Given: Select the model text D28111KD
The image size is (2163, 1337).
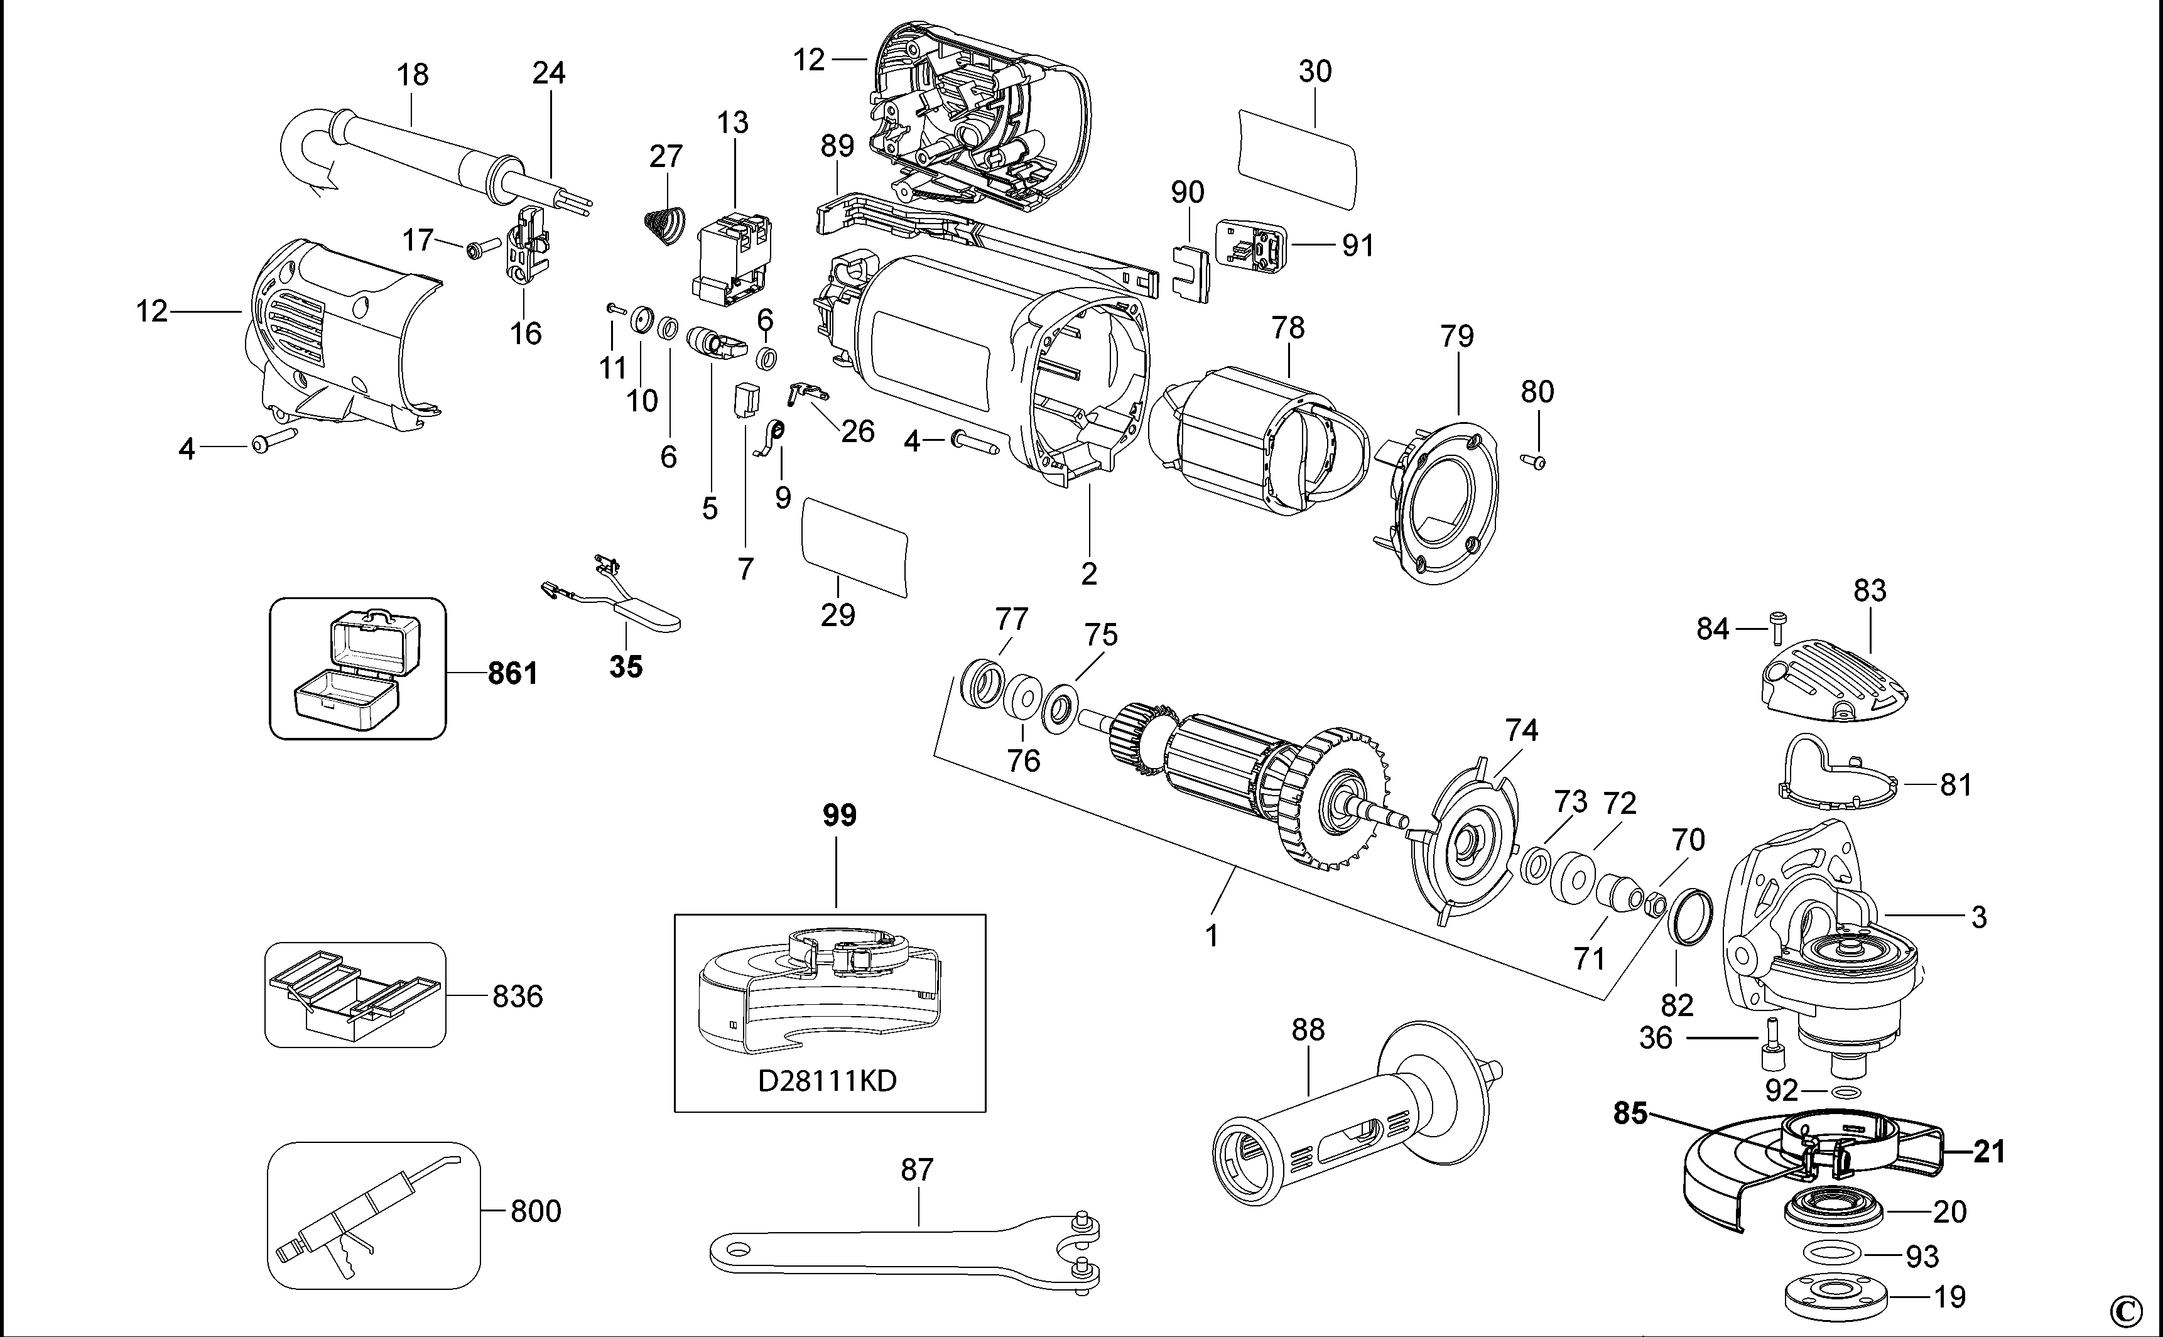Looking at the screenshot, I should [x=828, y=1081].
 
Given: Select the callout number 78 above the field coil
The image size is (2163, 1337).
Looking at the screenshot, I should [x=1287, y=328].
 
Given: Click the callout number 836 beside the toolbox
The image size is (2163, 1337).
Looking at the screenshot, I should [x=518, y=997].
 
